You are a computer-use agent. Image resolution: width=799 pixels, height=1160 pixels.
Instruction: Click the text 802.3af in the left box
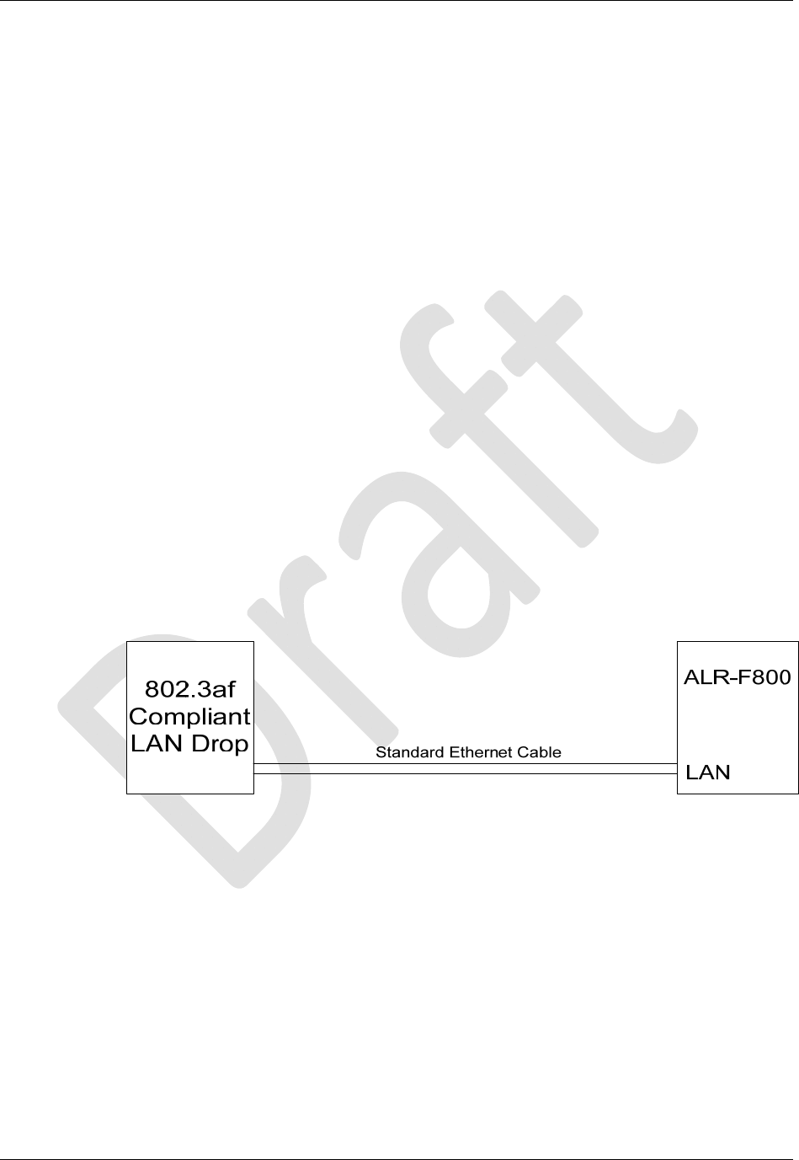(190, 689)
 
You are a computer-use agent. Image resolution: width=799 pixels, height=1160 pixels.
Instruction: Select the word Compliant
(190, 717)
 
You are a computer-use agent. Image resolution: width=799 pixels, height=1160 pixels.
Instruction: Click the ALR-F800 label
(738, 678)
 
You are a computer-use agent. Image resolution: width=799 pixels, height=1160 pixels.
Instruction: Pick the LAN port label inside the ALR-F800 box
(709, 772)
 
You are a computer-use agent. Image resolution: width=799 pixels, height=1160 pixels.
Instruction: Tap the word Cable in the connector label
(538, 752)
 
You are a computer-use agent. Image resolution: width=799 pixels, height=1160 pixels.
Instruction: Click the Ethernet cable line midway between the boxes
(466, 768)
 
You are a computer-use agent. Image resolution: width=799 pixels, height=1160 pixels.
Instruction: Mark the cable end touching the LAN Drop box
(256, 768)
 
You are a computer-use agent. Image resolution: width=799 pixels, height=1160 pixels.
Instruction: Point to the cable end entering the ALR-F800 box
(675, 768)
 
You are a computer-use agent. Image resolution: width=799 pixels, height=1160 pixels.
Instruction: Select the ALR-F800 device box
(738, 724)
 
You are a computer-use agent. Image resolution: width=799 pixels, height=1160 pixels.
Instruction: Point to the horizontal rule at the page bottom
(399, 1159)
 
